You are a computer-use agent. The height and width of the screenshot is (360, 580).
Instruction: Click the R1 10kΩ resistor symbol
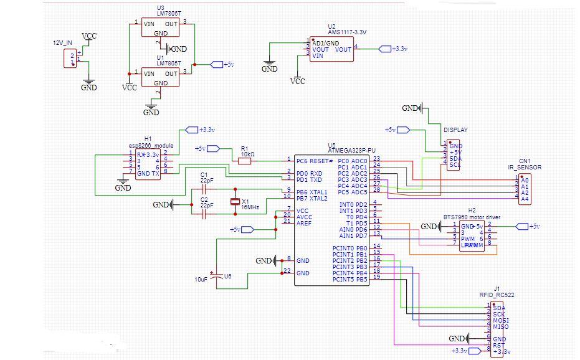(x=244, y=161)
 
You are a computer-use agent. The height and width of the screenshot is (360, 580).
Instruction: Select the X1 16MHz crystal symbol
(x=235, y=201)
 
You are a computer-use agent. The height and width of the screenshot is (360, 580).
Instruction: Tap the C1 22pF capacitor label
(x=207, y=177)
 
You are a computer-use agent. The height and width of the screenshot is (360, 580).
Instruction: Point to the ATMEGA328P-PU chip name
(x=352, y=150)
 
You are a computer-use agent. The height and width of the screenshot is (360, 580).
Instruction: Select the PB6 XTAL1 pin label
(x=312, y=191)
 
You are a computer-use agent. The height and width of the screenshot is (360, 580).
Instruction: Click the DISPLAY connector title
(x=455, y=130)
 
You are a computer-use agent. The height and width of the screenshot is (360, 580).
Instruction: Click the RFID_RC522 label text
(x=497, y=294)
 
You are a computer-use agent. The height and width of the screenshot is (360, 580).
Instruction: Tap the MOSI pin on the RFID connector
(x=500, y=321)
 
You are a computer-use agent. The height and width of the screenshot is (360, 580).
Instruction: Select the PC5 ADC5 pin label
(x=351, y=192)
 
